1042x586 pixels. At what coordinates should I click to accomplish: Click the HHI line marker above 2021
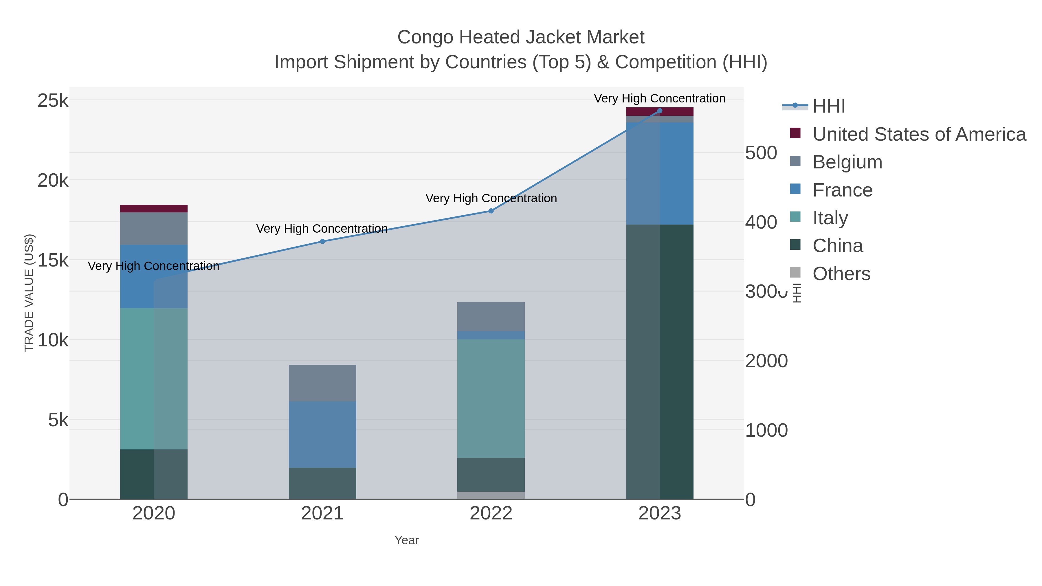[322, 241]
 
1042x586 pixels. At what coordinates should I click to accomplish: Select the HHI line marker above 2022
[491, 211]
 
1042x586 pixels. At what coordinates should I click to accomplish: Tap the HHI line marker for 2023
[660, 111]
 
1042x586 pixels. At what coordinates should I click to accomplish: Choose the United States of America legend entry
[919, 134]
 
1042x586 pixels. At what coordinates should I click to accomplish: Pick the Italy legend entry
[830, 218]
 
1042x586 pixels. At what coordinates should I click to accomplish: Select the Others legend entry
[841, 274]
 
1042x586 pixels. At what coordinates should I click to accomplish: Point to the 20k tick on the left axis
[53, 180]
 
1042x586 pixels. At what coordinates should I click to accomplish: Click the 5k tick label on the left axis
[58, 420]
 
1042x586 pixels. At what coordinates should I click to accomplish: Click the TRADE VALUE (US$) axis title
[29, 293]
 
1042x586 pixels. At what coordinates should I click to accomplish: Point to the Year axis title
[407, 540]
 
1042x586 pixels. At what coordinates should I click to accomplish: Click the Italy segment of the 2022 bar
[491, 398]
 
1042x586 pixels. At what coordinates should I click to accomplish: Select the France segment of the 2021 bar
[322, 434]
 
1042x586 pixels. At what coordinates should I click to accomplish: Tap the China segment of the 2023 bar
[660, 361]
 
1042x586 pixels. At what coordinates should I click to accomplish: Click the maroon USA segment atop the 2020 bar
[154, 209]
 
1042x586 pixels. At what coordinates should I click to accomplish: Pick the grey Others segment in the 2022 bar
[491, 495]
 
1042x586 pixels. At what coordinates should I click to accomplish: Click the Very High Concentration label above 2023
[659, 98]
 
